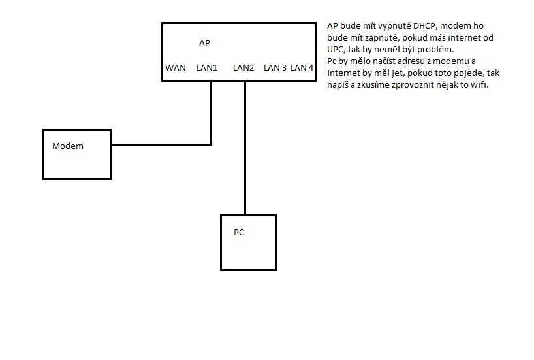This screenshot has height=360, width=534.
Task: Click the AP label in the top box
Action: click(x=204, y=43)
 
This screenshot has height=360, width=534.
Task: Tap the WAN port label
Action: click(x=176, y=67)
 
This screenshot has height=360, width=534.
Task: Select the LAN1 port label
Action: click(x=207, y=67)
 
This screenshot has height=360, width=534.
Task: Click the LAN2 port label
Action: click(x=243, y=67)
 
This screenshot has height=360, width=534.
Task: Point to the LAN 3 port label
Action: click(x=275, y=67)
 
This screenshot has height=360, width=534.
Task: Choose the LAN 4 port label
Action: click(x=302, y=67)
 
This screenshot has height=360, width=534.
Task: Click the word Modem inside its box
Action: click(x=68, y=146)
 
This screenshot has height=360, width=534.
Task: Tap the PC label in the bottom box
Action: click(x=239, y=232)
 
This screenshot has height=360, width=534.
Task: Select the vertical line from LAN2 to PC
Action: click(x=245, y=150)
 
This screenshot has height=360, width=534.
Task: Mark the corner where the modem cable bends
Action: click(x=211, y=145)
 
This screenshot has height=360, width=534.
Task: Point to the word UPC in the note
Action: click(x=336, y=50)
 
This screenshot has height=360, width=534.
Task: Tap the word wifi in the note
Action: click(x=479, y=85)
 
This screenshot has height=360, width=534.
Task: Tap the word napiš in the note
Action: click(x=339, y=85)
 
